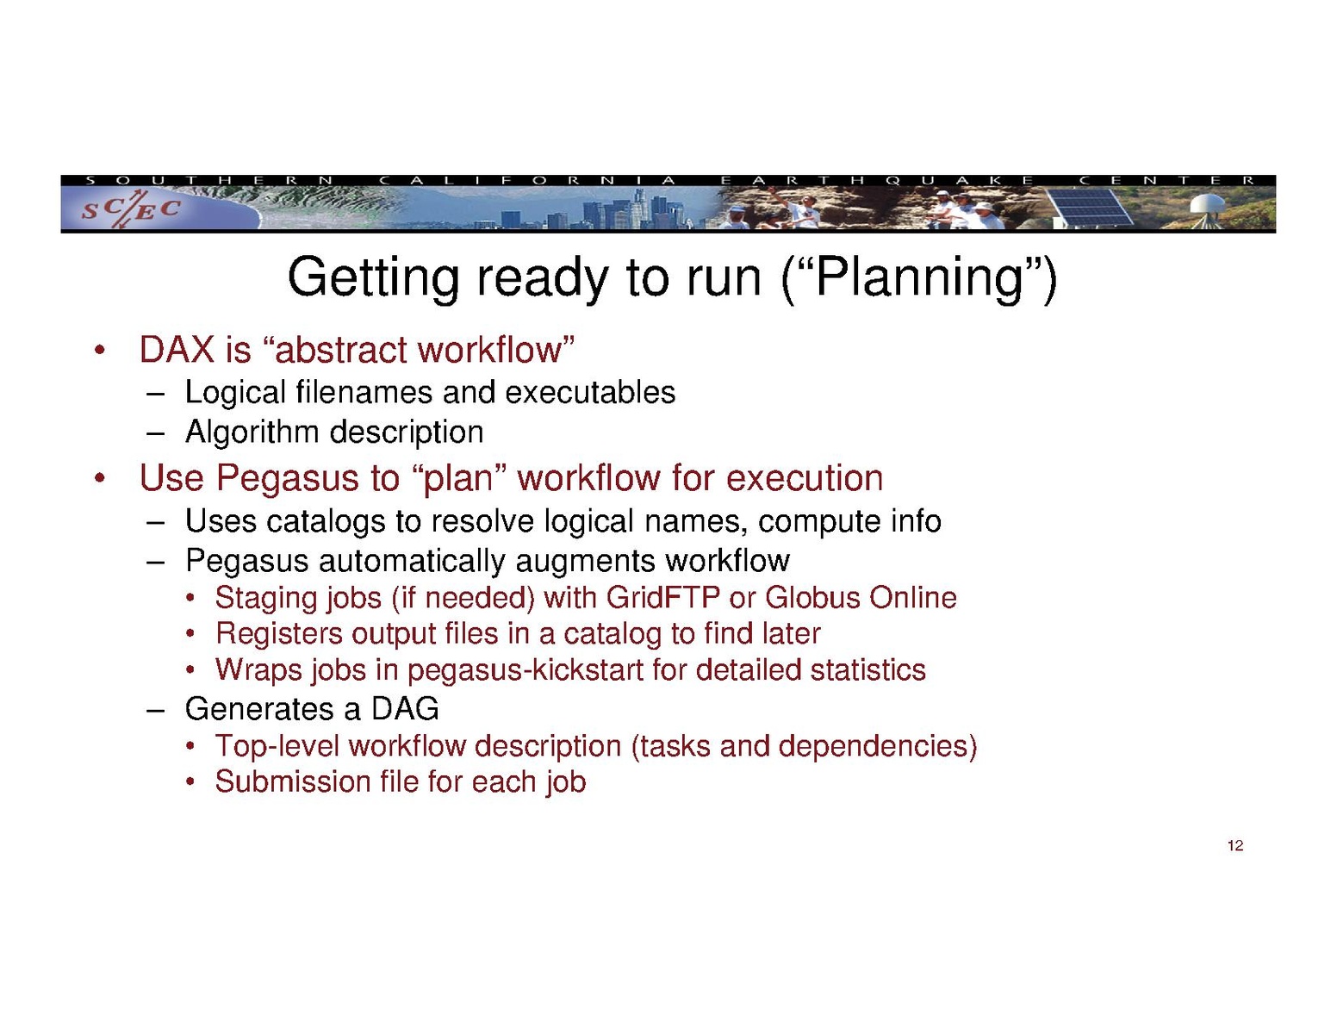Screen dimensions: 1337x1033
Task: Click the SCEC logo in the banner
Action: click(x=131, y=208)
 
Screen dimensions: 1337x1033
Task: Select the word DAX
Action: click(x=177, y=350)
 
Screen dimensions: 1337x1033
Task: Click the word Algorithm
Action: click(x=252, y=432)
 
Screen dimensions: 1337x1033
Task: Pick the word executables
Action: click(x=590, y=393)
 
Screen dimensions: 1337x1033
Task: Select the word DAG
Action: click(x=404, y=709)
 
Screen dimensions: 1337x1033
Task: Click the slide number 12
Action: click(x=1234, y=845)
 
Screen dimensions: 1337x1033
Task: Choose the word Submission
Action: click(x=293, y=782)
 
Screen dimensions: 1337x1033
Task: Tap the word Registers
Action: click(x=279, y=634)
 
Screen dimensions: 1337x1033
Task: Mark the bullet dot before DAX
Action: click(x=98, y=352)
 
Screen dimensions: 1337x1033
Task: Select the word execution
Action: click(x=804, y=478)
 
